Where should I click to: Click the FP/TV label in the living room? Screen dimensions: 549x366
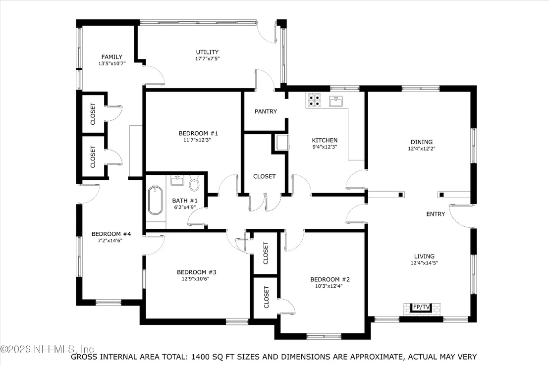(x=422, y=307)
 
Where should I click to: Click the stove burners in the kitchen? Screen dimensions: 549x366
(x=314, y=100)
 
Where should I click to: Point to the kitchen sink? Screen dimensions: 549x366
(x=336, y=102)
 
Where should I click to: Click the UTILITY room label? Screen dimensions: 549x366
(x=207, y=52)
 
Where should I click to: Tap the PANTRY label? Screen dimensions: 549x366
(x=266, y=111)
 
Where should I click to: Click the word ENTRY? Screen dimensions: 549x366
(x=436, y=214)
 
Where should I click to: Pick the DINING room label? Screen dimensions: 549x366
(x=422, y=142)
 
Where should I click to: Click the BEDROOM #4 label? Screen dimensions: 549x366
(x=111, y=234)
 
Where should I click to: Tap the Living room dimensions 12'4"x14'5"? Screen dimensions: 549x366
(x=424, y=263)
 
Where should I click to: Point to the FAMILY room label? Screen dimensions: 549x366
(x=112, y=56)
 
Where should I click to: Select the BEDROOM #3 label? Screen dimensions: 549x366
(x=196, y=272)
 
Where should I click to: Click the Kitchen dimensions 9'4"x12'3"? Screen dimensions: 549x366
(x=325, y=147)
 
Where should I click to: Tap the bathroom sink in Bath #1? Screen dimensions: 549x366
(x=177, y=180)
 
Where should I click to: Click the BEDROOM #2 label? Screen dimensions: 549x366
(x=330, y=279)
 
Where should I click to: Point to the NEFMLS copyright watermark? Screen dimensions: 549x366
(x=47, y=349)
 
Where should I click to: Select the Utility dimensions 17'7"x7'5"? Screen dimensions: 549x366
(x=207, y=59)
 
